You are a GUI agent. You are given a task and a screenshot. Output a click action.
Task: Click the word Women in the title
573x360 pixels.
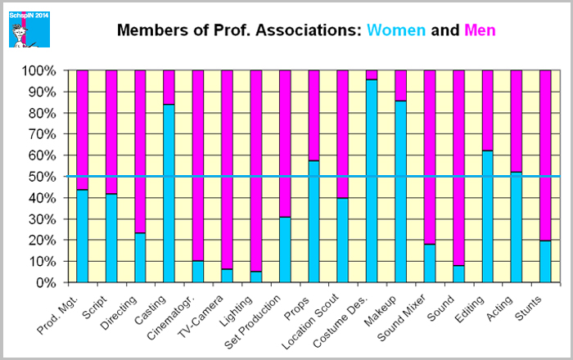[396, 31]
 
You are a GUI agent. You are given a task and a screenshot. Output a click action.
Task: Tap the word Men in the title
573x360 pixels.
[480, 31]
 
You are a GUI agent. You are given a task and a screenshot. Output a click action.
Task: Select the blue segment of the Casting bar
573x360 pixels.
[169, 193]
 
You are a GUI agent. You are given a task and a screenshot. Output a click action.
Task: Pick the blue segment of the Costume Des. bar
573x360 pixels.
[372, 181]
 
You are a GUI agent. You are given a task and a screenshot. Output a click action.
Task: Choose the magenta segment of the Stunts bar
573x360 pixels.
[545, 155]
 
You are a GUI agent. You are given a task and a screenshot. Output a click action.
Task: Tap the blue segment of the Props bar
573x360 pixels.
[314, 221]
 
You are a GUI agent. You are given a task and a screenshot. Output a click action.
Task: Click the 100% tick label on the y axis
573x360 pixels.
[40, 71]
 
